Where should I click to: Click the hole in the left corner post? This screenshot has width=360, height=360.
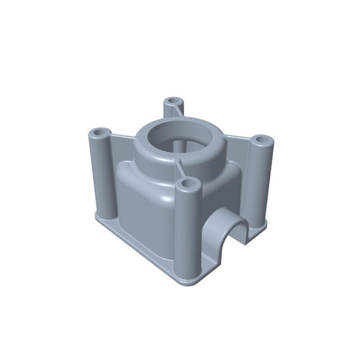tap(99, 133)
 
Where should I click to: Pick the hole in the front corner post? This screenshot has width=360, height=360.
tap(189, 185)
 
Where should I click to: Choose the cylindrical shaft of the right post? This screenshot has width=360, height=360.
tap(264, 180)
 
